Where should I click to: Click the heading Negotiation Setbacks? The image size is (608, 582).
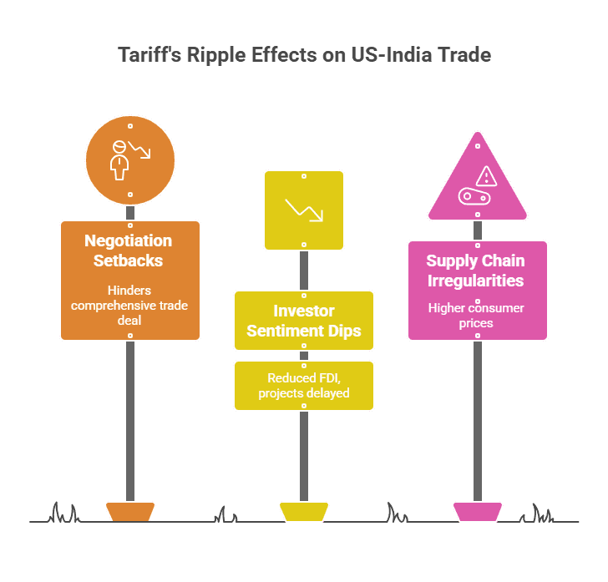point(129,251)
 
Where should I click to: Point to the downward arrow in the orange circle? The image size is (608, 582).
point(142,151)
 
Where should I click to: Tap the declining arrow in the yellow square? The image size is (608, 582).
point(303,210)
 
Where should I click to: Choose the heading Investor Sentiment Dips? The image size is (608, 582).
point(304,321)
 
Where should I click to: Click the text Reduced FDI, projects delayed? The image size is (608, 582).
point(303,386)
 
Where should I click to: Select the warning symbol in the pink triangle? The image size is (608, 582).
point(485,175)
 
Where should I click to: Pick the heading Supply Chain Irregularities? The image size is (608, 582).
point(476,271)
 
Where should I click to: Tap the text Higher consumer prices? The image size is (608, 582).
point(476,316)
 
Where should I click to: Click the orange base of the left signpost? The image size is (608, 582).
point(129,511)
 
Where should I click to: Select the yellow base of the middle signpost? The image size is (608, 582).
point(303,511)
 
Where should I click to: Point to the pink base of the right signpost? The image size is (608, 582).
point(477,511)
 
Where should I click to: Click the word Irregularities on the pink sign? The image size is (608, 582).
point(476,281)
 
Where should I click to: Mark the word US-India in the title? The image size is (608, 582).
point(390,56)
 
